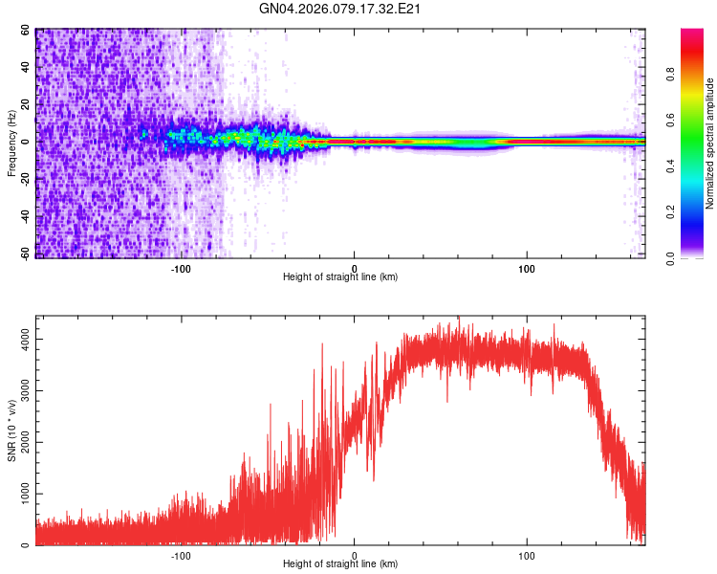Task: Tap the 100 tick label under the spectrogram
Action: click(x=527, y=268)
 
